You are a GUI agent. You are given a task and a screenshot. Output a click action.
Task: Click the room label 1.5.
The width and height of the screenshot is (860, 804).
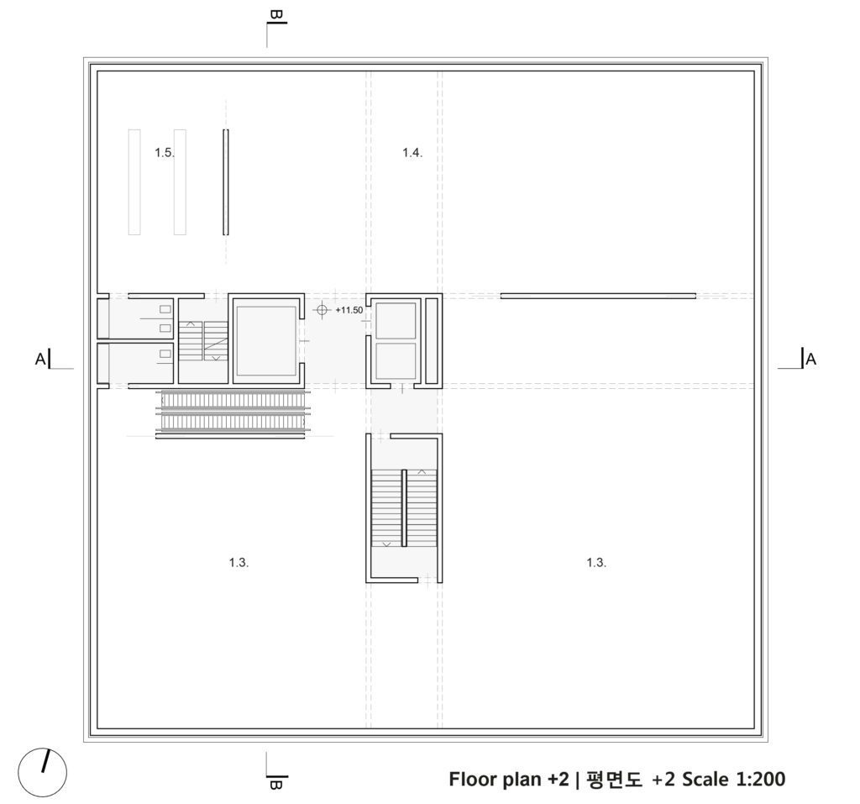click(165, 153)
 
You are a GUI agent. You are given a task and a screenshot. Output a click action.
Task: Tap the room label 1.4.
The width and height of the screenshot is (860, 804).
click(412, 153)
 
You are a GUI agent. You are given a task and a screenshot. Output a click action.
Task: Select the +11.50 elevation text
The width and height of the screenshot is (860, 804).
click(349, 310)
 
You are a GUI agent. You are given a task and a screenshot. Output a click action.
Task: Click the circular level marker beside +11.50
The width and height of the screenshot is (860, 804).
click(322, 310)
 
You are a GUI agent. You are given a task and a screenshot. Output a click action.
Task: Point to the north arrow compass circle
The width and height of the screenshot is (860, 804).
click(42, 771)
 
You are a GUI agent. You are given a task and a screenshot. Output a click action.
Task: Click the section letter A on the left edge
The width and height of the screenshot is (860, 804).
click(39, 360)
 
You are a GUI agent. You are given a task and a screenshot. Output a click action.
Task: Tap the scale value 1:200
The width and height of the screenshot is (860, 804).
click(760, 779)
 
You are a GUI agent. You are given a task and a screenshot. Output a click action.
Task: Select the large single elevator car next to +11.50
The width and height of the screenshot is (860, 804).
click(265, 340)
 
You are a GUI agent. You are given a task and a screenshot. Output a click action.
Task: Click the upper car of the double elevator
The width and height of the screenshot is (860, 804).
click(395, 320)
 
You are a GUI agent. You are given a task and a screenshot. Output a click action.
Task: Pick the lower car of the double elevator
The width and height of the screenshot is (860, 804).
click(395, 360)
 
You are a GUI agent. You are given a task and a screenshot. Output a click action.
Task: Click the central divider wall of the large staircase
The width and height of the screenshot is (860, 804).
click(404, 507)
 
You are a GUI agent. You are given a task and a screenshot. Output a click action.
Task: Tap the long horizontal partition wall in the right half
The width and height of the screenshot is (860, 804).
click(597, 296)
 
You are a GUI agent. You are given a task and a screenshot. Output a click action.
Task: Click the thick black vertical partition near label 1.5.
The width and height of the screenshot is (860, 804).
click(225, 181)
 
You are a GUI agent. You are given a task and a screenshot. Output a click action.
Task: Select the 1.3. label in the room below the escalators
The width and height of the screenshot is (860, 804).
click(239, 562)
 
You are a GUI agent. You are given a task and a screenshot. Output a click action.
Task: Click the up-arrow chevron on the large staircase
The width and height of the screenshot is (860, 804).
click(422, 473)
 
